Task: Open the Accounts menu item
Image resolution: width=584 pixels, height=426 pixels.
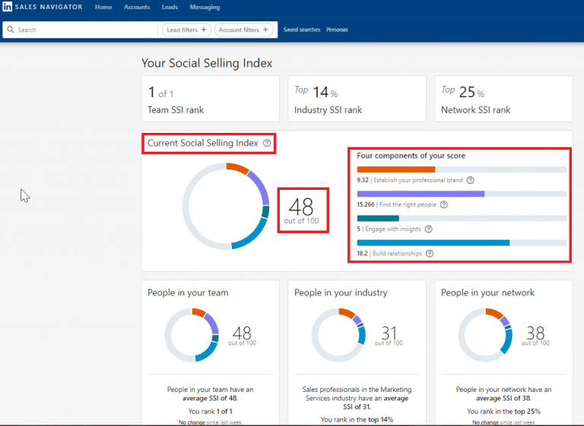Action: [137, 7]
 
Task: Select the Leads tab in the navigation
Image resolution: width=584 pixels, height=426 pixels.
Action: [170, 7]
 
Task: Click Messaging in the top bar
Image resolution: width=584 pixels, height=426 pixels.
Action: [205, 7]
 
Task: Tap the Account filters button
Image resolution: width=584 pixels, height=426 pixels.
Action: [243, 30]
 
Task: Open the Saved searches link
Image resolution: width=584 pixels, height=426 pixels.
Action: [301, 30]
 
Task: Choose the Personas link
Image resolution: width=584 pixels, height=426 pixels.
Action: [337, 30]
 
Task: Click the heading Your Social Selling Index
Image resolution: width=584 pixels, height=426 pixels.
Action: [207, 63]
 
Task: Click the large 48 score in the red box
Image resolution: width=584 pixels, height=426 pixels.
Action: [301, 206]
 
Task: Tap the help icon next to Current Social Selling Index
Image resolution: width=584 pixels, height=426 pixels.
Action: [266, 143]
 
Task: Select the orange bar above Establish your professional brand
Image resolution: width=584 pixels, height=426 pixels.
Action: [395, 169]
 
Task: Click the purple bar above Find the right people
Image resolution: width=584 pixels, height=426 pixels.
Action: [421, 194]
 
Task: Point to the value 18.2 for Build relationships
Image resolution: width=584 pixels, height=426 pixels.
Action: [362, 253]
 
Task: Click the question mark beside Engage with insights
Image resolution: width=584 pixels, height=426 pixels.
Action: [428, 229]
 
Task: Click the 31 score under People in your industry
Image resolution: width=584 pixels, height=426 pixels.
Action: [389, 332]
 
